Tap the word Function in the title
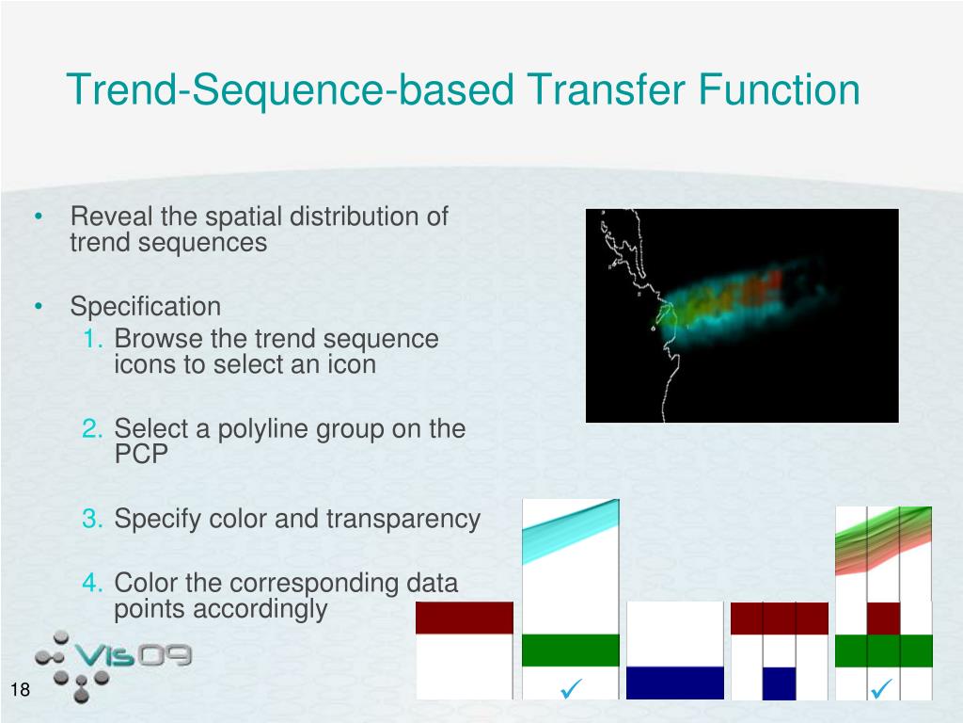click(779, 89)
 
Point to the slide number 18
click(20, 689)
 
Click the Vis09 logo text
click(134, 655)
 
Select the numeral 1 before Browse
click(92, 339)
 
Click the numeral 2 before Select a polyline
click(92, 428)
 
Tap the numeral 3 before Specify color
click(92, 519)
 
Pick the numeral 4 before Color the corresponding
click(92, 583)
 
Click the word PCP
click(141, 454)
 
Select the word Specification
click(146, 306)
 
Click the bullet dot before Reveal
click(39, 217)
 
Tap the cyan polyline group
click(571, 531)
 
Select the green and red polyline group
click(883, 540)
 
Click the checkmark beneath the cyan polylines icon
click(571, 688)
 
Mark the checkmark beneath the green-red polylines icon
click(881, 688)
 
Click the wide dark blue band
click(675, 683)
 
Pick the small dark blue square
click(779, 683)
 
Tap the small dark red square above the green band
click(883, 619)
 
